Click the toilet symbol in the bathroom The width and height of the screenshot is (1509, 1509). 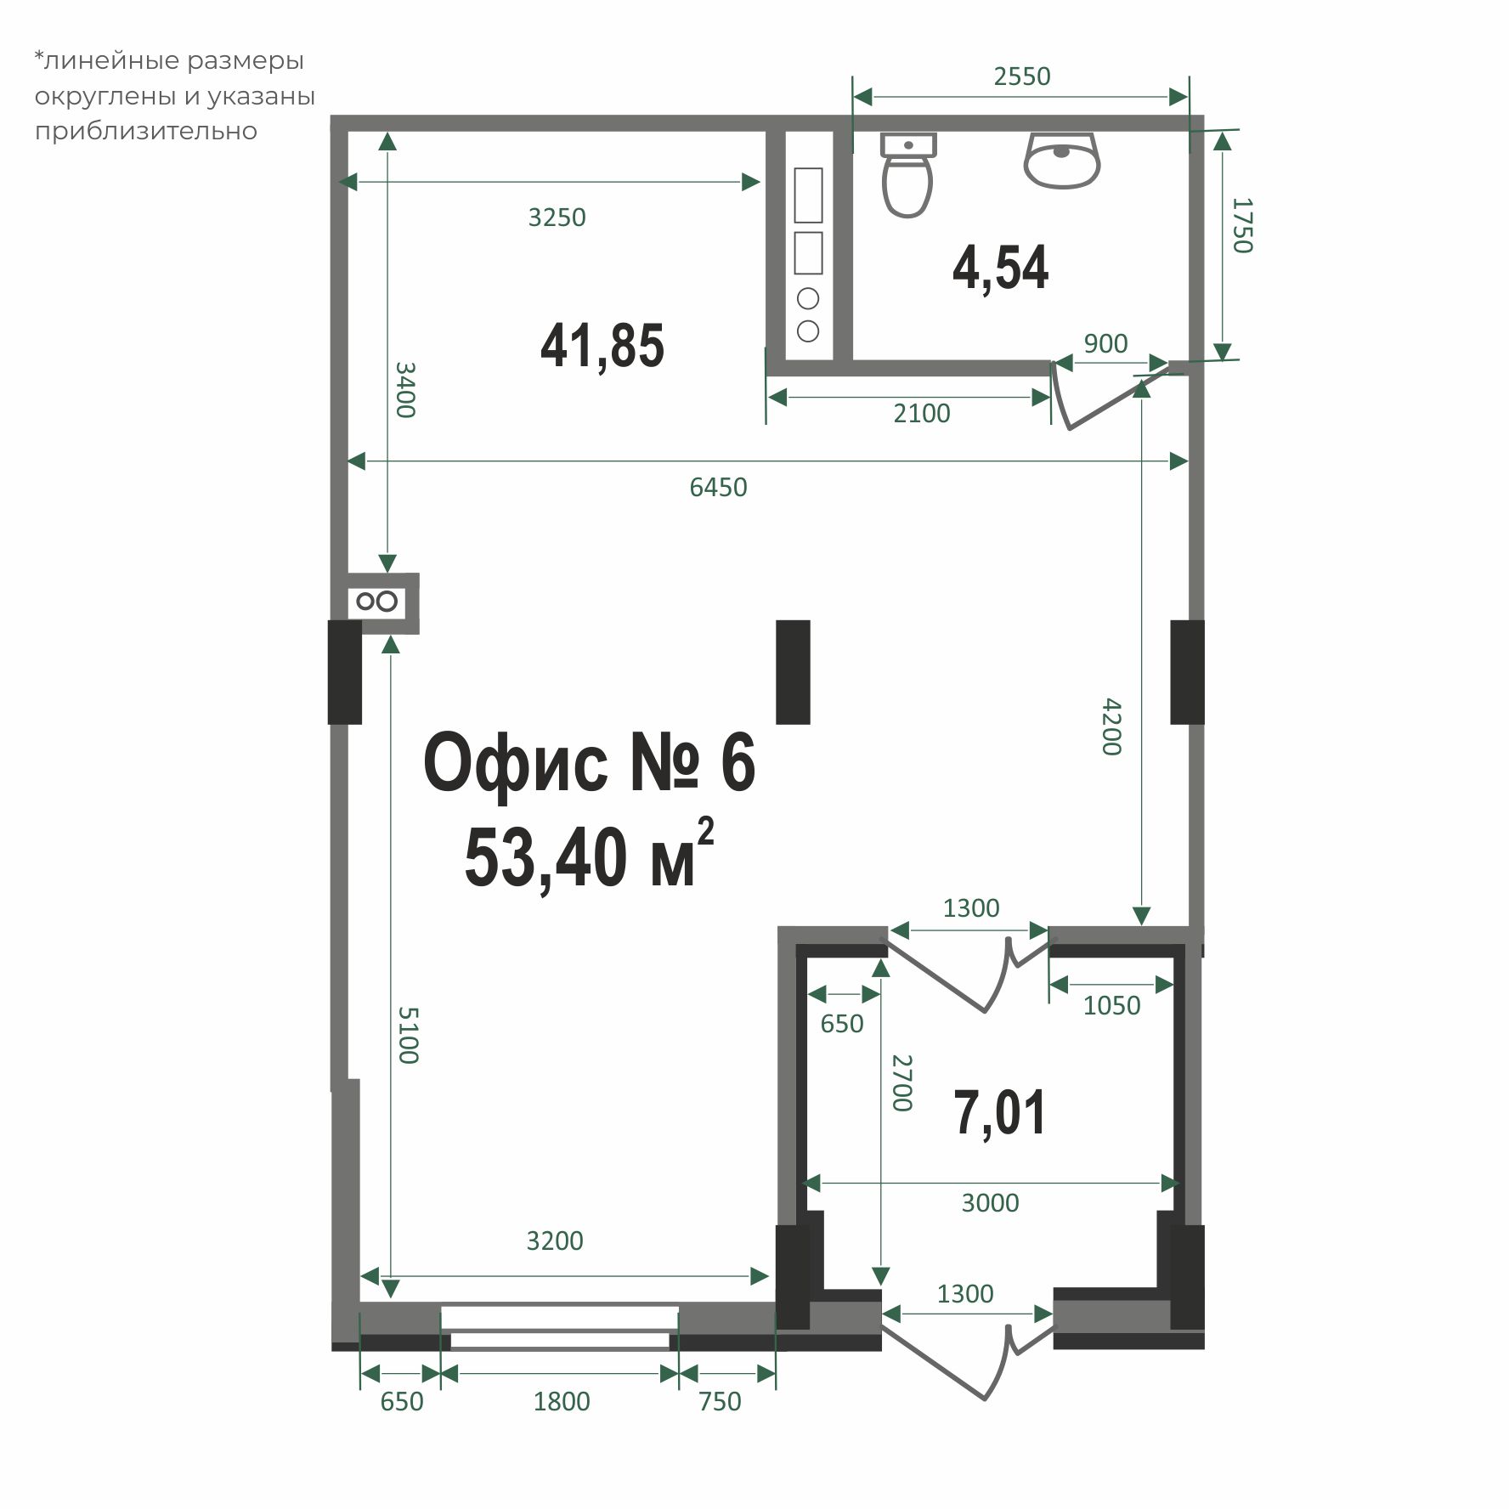point(907,176)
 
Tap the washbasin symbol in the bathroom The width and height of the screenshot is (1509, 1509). point(1062,160)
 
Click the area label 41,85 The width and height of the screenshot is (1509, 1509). point(602,346)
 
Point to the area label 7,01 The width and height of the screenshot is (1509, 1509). point(999,1113)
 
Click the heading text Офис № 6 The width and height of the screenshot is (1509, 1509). point(589,763)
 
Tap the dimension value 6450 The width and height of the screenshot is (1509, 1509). point(718,488)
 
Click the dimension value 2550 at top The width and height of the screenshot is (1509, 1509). point(1022,77)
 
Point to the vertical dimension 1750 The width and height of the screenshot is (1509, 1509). point(1241,225)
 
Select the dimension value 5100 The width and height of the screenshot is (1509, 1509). point(408,1035)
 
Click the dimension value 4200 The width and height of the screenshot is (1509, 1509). point(1111,726)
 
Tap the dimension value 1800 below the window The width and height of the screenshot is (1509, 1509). point(561,1401)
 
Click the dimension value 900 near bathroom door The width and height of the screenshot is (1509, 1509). point(1105,344)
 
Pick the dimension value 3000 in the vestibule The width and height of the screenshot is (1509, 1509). point(990,1203)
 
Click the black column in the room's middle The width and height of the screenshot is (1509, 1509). point(793,672)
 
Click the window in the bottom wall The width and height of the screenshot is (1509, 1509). point(559,1328)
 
